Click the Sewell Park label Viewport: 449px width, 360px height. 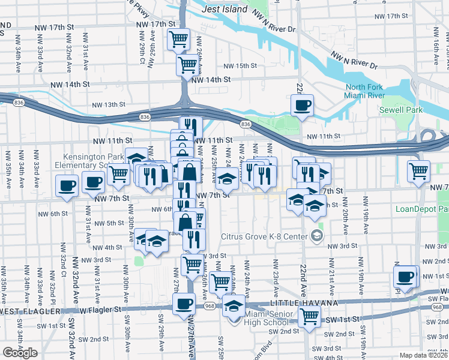click(x=401, y=110)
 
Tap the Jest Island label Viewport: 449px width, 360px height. click(x=224, y=10)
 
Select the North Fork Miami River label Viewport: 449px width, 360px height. click(x=364, y=92)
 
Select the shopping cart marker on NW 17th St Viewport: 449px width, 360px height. click(x=178, y=40)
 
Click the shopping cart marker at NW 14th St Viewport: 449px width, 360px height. click(x=187, y=64)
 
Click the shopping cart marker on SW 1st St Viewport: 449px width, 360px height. click(x=309, y=316)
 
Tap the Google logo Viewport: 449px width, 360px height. click(x=20, y=353)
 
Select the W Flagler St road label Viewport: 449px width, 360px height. click(x=101, y=310)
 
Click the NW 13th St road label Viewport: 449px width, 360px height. click(x=108, y=105)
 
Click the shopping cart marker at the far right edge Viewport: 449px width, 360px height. click(x=418, y=170)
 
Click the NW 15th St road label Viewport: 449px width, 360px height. click(x=240, y=66)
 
